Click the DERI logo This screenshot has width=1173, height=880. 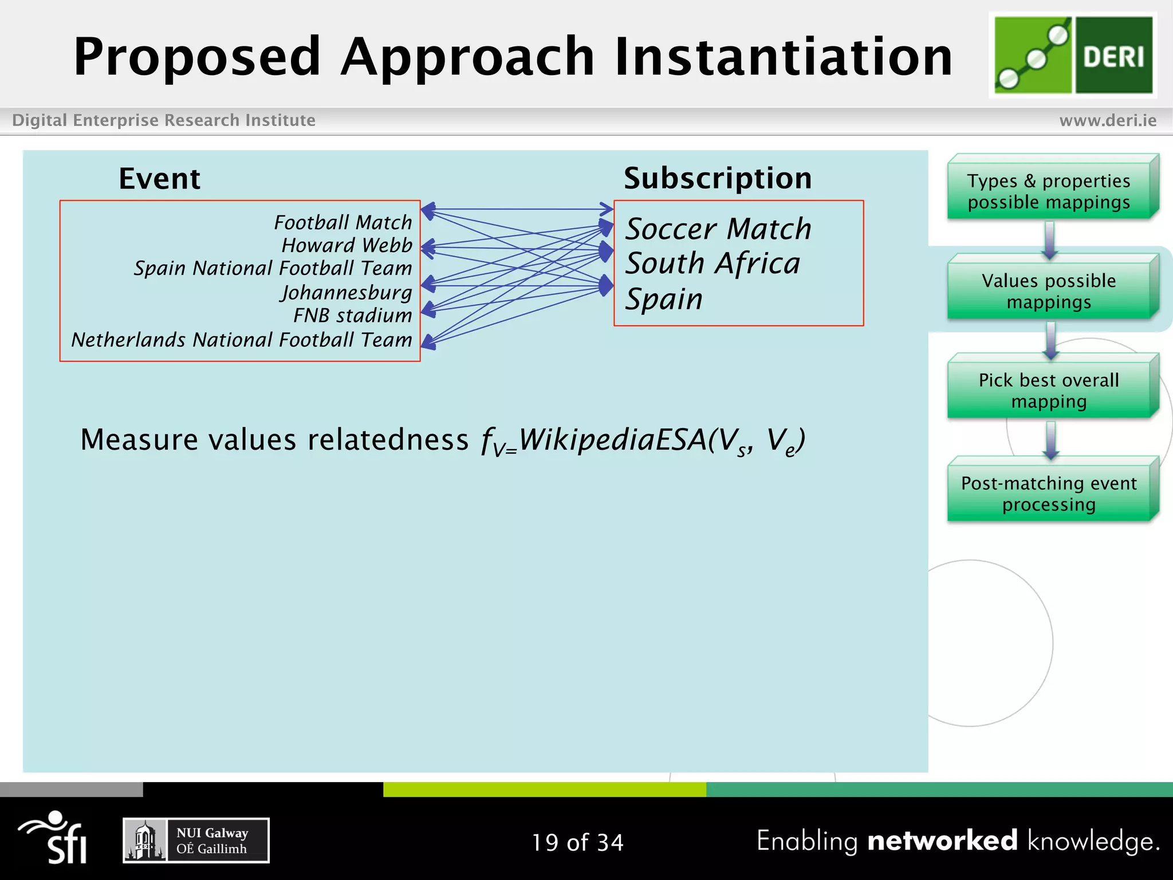[x=1073, y=55]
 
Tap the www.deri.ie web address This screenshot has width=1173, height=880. [x=1108, y=120]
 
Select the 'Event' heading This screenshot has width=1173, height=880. [x=159, y=179]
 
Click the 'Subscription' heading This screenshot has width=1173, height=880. [x=718, y=178]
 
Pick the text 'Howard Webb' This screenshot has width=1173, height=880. [x=347, y=245]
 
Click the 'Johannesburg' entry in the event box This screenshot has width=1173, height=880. [x=346, y=292]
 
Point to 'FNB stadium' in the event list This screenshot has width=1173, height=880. [x=352, y=316]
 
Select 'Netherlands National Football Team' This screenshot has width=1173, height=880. [x=241, y=340]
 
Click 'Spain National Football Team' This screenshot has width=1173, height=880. [x=273, y=268]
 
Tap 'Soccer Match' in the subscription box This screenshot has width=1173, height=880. [x=718, y=229]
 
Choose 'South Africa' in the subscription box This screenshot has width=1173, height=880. [x=713, y=264]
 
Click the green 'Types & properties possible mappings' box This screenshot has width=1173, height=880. [x=1049, y=191]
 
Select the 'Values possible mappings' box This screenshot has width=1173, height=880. [x=1049, y=291]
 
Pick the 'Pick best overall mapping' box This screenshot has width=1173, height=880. [x=1049, y=391]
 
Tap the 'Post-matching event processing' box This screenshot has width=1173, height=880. [x=1049, y=493]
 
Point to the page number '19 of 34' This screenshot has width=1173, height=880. [x=577, y=842]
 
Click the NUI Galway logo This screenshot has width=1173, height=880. [x=196, y=840]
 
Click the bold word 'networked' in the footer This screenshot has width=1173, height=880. [x=942, y=840]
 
